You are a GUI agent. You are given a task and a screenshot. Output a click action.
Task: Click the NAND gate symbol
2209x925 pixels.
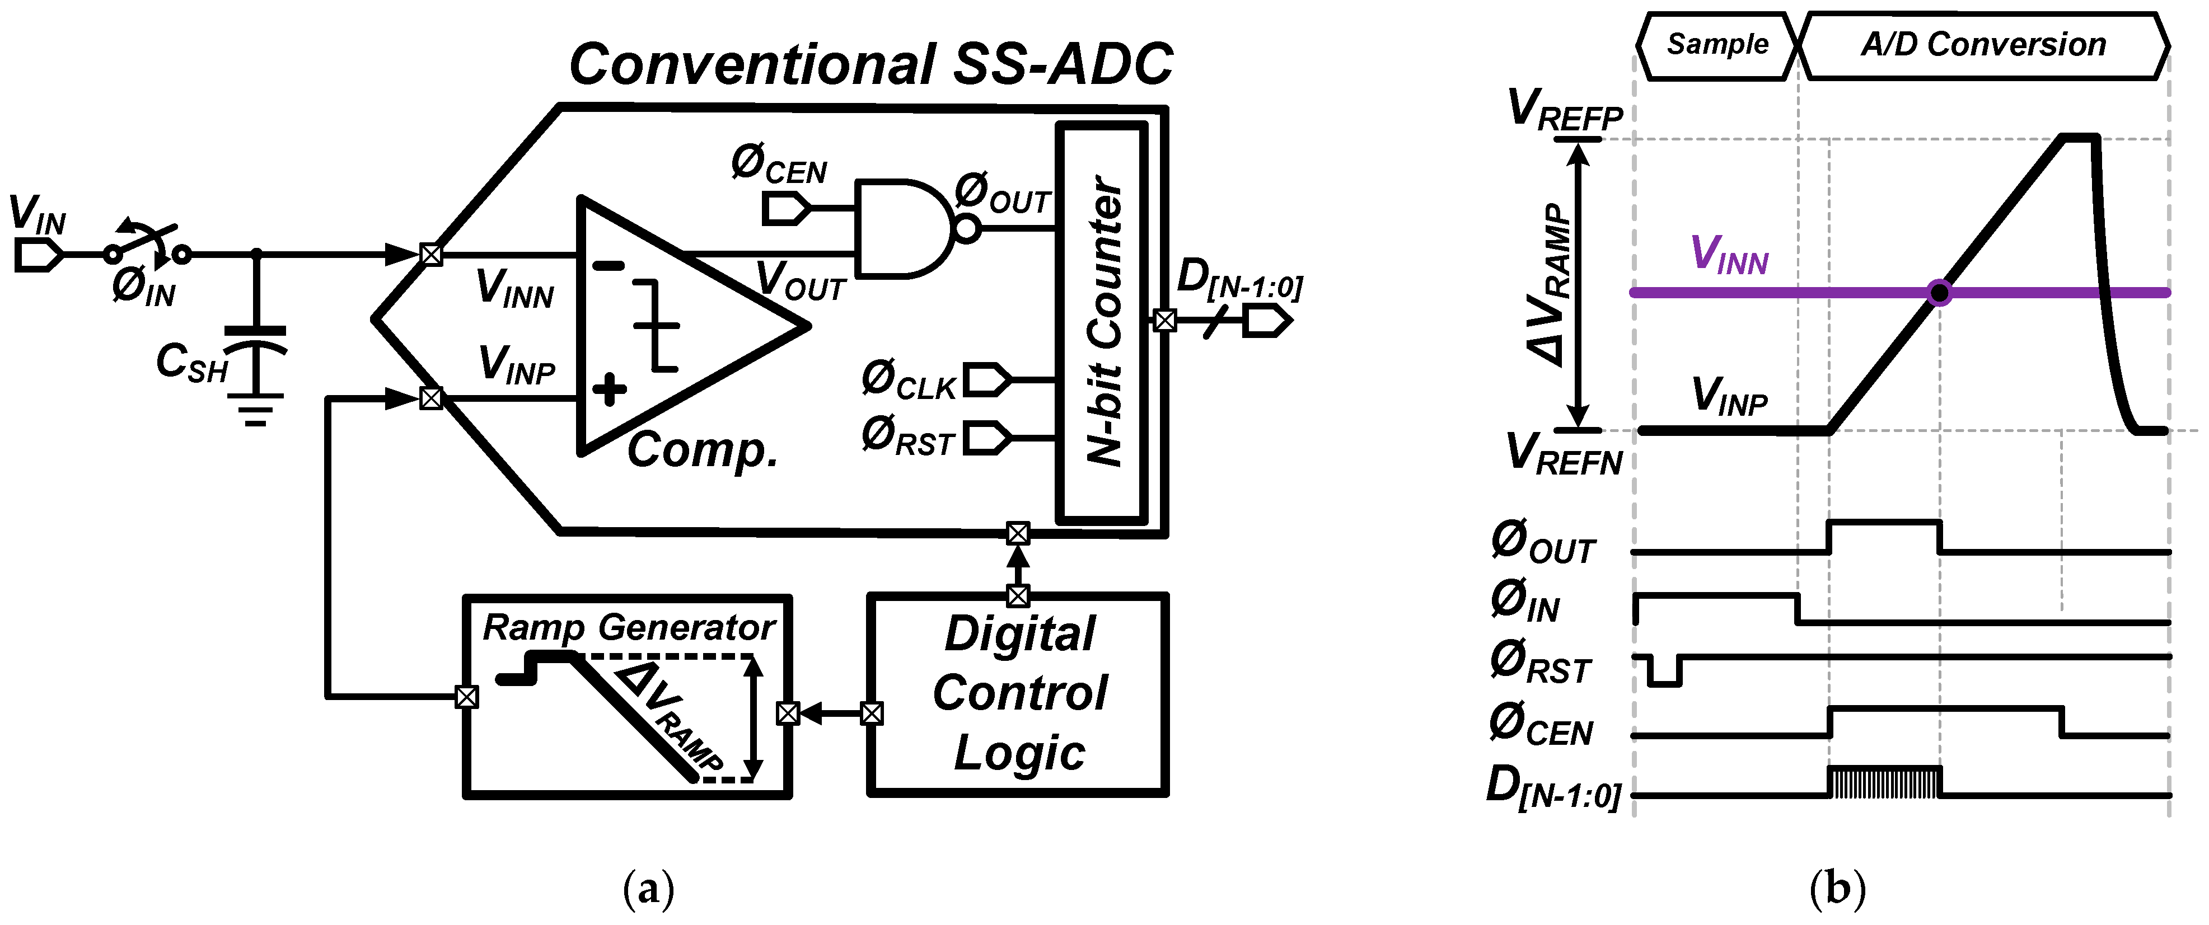[905, 229]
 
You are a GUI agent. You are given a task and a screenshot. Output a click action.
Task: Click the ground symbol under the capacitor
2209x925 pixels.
[255, 410]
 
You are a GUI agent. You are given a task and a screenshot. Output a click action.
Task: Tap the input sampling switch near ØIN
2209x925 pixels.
[146, 245]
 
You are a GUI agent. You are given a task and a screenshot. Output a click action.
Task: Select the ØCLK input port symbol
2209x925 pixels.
[986, 379]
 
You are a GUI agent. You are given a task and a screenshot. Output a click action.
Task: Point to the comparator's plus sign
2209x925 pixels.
[609, 390]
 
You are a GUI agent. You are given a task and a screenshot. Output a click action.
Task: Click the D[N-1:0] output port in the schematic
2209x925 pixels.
[1267, 321]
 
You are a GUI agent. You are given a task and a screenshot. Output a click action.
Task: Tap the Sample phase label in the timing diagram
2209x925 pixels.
[1717, 45]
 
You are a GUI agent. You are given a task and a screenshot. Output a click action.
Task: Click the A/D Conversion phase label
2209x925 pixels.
[1983, 45]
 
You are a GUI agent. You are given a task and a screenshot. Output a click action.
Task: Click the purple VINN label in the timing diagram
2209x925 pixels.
[1729, 256]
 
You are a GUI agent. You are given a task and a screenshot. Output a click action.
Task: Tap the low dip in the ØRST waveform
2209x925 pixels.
[1664, 675]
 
